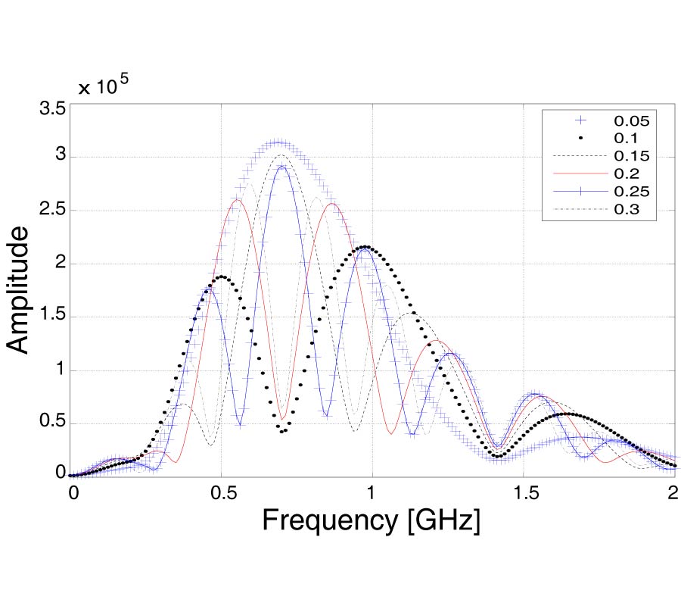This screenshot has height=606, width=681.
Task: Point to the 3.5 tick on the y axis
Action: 51,108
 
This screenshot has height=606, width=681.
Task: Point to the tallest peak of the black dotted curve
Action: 366,246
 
